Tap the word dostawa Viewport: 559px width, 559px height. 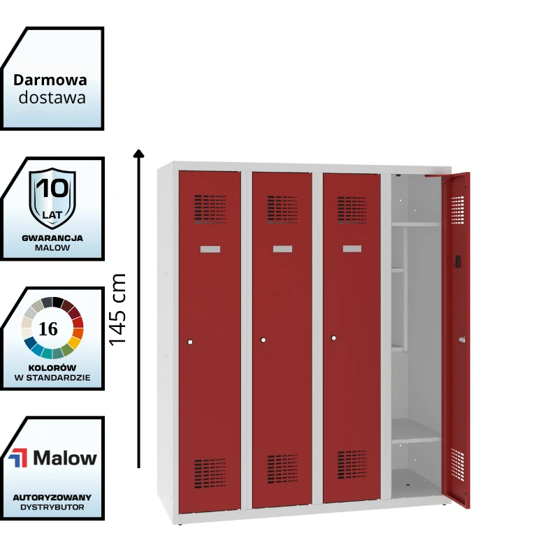[52, 97]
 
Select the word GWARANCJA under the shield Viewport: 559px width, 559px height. [52, 238]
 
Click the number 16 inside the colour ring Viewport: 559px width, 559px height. [49, 329]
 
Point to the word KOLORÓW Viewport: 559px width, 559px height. [53, 368]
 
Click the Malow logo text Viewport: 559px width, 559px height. [65, 458]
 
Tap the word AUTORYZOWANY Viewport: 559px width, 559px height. [52, 497]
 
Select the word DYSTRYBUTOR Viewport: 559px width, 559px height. [52, 507]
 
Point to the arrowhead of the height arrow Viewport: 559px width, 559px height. [138, 154]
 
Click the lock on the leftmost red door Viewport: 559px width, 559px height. [190, 342]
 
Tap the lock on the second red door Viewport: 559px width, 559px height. [263, 340]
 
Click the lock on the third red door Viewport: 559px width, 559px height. [333, 338]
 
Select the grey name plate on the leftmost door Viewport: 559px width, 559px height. [210, 249]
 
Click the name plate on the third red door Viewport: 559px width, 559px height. [352, 249]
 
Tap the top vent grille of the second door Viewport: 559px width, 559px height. [282, 209]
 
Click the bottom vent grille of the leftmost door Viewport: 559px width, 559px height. [210, 473]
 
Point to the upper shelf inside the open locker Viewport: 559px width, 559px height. [416, 224]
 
